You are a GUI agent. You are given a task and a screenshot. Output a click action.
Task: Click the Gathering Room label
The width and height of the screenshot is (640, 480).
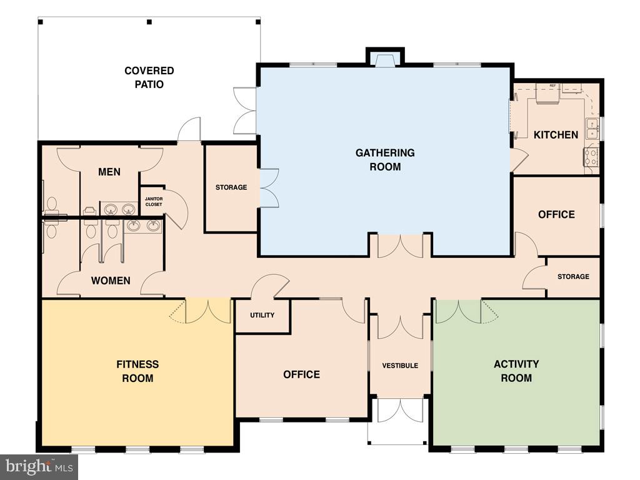pyautogui.click(x=385, y=160)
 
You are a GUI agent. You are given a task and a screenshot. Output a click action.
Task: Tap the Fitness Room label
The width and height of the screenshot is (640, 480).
pyautogui.click(x=137, y=371)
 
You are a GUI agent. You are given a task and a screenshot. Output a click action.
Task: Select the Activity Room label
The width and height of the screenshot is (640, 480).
pyautogui.click(x=516, y=371)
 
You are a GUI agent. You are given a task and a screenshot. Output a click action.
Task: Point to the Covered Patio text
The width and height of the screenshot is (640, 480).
pyautogui.click(x=149, y=77)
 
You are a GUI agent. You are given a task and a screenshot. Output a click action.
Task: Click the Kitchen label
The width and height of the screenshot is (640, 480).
pyautogui.click(x=556, y=134)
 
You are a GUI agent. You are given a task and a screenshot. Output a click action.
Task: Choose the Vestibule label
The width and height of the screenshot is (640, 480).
pyautogui.click(x=400, y=365)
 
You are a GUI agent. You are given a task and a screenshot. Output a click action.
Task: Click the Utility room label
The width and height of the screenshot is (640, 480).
pyautogui.click(x=262, y=315)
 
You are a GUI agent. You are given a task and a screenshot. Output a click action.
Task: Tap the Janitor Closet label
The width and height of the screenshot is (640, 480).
pyautogui.click(x=153, y=201)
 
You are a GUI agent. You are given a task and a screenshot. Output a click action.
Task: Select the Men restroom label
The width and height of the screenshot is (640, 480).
pyautogui.click(x=109, y=172)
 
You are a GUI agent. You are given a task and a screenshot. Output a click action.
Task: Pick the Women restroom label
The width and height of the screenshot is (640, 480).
pyautogui.click(x=111, y=280)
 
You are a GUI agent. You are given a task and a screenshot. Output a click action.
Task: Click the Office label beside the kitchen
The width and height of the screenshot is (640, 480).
pyautogui.click(x=556, y=214)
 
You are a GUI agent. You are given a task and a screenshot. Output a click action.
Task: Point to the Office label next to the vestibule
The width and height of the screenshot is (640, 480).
pyautogui.click(x=301, y=374)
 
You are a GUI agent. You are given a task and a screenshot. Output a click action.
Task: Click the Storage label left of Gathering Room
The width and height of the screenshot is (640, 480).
pyautogui.click(x=231, y=187)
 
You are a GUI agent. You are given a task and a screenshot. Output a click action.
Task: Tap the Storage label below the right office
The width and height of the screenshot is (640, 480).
pyautogui.click(x=573, y=277)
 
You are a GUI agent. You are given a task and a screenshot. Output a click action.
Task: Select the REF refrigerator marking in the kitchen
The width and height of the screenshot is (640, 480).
pyautogui.click(x=552, y=86)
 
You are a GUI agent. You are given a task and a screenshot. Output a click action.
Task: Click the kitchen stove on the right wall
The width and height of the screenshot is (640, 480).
pyautogui.click(x=591, y=156)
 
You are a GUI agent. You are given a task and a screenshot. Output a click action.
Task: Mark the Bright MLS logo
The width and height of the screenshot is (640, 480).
pyautogui.click(x=39, y=466)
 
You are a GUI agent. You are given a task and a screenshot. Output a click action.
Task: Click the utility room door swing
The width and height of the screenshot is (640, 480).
pyautogui.click(x=269, y=286)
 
